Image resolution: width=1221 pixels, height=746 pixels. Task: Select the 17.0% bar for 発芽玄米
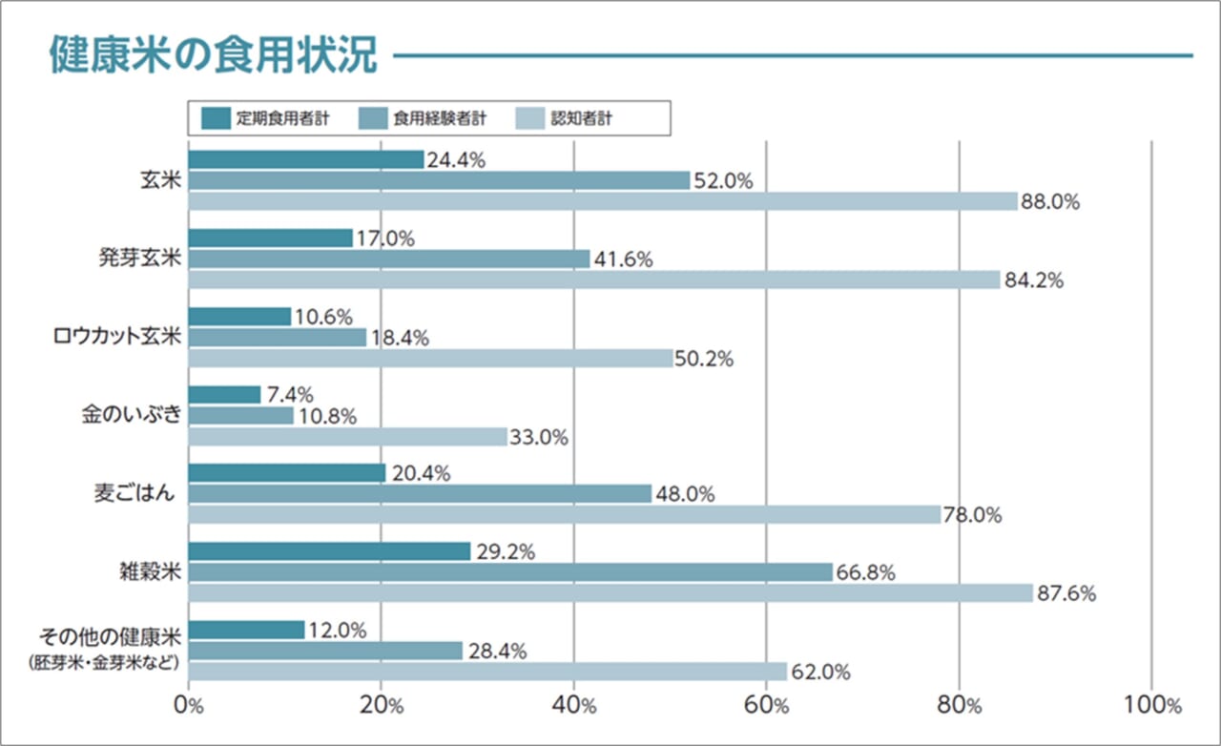pyautogui.click(x=271, y=238)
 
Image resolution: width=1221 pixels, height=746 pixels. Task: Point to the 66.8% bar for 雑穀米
pyautogui.click(x=510, y=572)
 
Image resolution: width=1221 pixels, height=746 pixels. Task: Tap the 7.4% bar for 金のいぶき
pyautogui.click(x=224, y=395)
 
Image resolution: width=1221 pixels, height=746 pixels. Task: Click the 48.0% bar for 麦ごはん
pyautogui.click(x=420, y=494)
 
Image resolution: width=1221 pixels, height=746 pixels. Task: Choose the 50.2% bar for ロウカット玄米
pyautogui.click(x=430, y=359)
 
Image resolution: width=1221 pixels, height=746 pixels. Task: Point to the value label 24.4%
pyautogui.click(x=456, y=160)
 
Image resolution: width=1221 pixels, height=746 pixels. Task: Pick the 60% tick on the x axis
pyautogui.click(x=767, y=706)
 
